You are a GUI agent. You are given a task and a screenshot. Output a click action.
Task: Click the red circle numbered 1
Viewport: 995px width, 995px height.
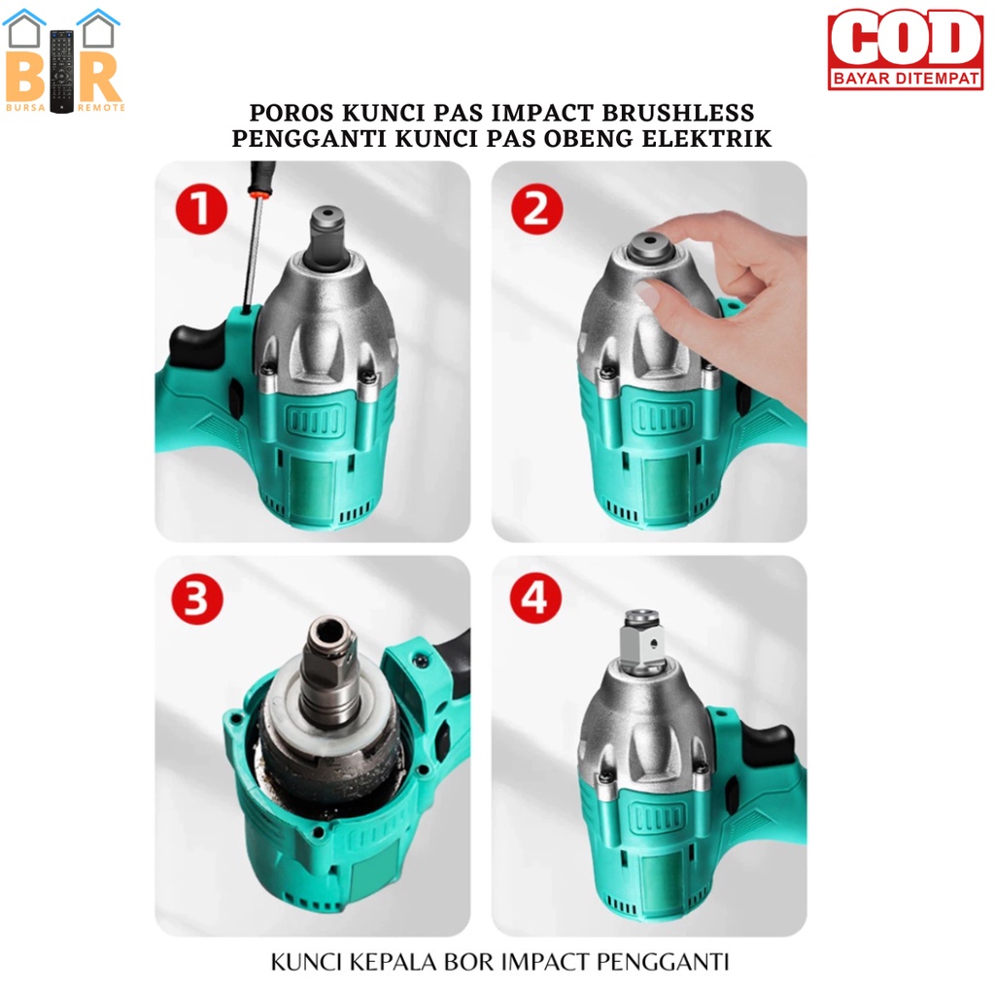[x=201, y=209]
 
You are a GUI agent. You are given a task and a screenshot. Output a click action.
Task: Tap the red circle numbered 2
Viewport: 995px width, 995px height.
[x=536, y=209]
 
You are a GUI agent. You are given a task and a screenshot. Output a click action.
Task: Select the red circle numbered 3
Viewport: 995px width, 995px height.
[x=197, y=599]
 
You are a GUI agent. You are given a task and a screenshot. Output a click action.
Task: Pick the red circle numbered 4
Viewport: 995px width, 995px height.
[x=535, y=598]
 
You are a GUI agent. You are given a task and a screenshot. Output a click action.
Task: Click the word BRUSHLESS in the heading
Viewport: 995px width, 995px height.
[x=677, y=113]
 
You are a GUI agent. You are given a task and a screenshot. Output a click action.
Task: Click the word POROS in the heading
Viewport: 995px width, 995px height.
[x=292, y=113]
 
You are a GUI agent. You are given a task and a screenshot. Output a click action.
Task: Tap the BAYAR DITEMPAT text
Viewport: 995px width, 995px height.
[x=906, y=78]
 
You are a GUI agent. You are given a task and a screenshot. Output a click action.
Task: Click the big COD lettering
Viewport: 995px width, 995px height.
[x=906, y=39]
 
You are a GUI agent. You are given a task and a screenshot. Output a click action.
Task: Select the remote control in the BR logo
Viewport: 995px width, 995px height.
[x=62, y=71]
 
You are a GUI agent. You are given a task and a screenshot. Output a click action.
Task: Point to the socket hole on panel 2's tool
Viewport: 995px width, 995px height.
[x=650, y=242]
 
